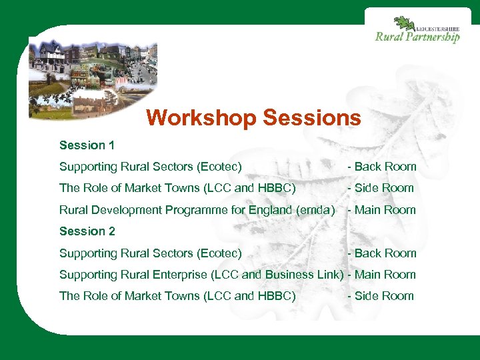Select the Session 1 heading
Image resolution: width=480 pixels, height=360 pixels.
(x=87, y=145)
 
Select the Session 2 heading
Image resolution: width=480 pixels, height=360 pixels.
(x=87, y=231)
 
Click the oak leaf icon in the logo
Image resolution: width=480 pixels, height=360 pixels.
(x=403, y=25)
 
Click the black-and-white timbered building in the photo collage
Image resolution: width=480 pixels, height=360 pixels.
(x=51, y=55)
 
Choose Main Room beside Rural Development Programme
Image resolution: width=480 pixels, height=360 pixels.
(x=385, y=210)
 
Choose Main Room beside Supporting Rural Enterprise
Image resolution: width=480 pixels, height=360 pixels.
(x=385, y=275)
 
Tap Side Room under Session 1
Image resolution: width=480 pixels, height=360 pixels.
(x=384, y=188)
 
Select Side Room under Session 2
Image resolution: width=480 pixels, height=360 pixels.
(x=384, y=296)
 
